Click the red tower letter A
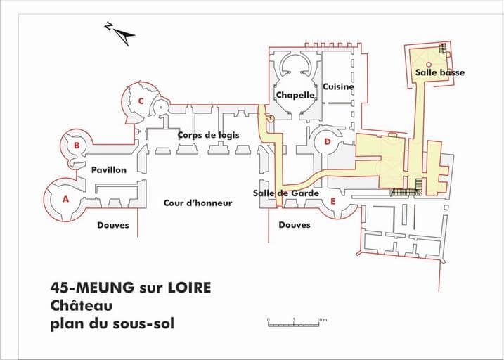tap(65, 199)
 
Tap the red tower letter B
tap(77, 146)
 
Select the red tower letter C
tap(141, 101)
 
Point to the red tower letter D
tap(328, 142)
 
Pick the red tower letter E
tap(333, 202)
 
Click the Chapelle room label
tap(295, 95)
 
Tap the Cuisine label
tap(339, 86)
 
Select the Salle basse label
tap(440, 72)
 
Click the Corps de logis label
tap(209, 135)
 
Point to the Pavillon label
tap(109, 169)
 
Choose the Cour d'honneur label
tap(198, 203)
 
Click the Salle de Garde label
tap(286, 193)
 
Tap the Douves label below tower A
tap(113, 225)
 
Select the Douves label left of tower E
tap(295, 225)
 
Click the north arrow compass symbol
tap(120, 33)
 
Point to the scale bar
tap(294, 326)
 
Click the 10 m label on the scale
tap(322, 320)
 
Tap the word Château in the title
tap(82, 305)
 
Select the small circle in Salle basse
tap(429, 64)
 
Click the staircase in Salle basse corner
tap(443, 49)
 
